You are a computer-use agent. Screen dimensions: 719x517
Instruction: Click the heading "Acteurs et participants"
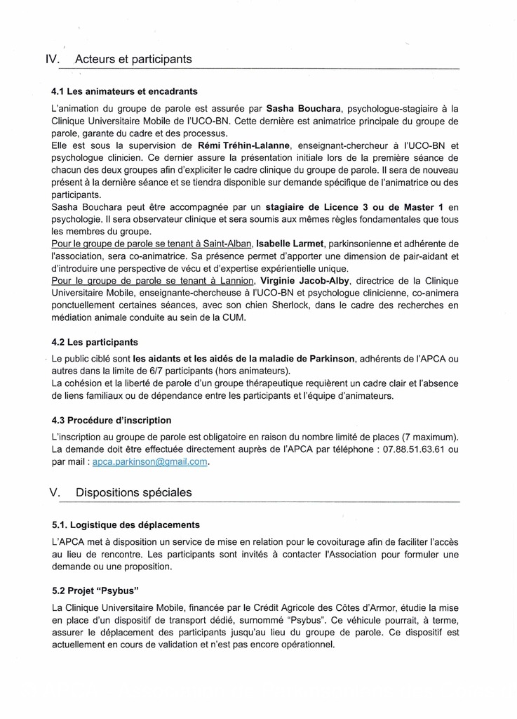point(133,60)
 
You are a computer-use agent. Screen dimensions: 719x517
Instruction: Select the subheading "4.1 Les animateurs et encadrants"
point(124,91)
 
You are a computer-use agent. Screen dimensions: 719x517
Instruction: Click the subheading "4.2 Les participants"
point(95,342)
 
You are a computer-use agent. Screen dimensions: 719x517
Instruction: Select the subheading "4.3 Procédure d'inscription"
point(112,420)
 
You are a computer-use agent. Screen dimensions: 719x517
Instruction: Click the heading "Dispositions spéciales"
point(133,493)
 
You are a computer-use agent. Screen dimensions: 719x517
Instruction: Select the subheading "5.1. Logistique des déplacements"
point(126,525)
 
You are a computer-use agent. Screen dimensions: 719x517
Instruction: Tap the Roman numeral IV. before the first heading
point(54,60)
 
